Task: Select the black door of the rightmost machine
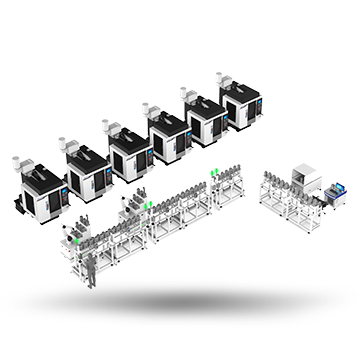tap(240, 113)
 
